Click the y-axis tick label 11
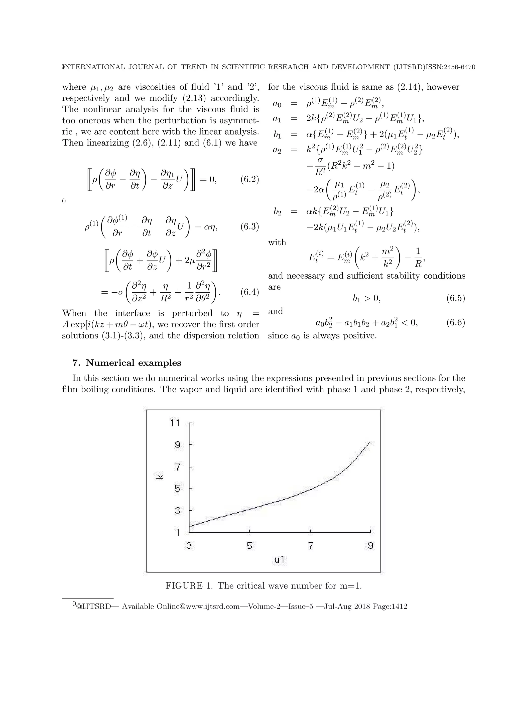(x=175, y=423)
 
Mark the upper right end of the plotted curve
(x=369, y=442)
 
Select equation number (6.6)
(x=455, y=323)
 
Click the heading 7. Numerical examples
(x=127, y=363)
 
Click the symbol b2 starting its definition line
(x=277, y=212)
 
